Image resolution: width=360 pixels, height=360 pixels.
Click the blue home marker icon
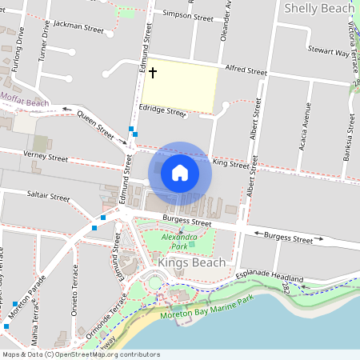pos(180,173)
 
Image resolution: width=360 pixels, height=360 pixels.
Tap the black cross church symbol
pos(152,73)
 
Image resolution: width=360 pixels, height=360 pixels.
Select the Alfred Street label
pos(246,71)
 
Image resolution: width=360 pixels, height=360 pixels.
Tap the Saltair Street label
pos(49,195)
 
